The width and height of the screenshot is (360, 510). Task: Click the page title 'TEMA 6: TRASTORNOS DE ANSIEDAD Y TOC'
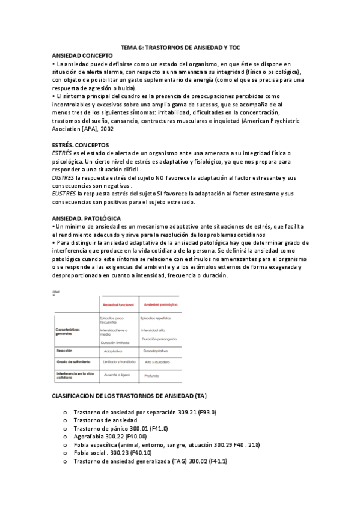(x=181, y=47)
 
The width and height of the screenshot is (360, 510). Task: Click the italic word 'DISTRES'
(x=63, y=178)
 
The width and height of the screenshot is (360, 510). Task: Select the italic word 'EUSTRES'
(x=63, y=194)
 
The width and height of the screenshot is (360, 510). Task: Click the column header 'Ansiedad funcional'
(x=118, y=305)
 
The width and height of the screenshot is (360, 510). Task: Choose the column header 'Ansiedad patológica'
(x=159, y=305)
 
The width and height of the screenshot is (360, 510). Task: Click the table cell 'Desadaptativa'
(x=156, y=350)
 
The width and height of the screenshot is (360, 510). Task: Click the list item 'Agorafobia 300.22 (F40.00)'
(x=112, y=437)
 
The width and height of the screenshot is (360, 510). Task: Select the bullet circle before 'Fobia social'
(x=64, y=453)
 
